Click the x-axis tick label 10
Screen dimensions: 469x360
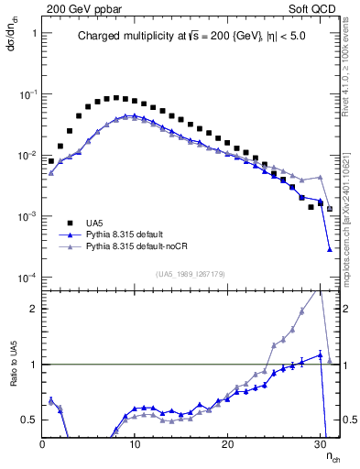click(135, 443)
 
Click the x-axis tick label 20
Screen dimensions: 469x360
click(227, 443)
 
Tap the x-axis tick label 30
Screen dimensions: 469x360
click(320, 443)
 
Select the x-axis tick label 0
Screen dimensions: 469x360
click(42, 443)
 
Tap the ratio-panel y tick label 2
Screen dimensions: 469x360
click(32, 309)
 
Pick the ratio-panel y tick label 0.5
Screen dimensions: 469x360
click(27, 420)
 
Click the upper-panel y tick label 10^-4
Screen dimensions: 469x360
click(25, 278)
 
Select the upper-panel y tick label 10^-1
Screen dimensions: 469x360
click(25, 93)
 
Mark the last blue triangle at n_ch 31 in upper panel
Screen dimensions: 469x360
click(329, 248)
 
